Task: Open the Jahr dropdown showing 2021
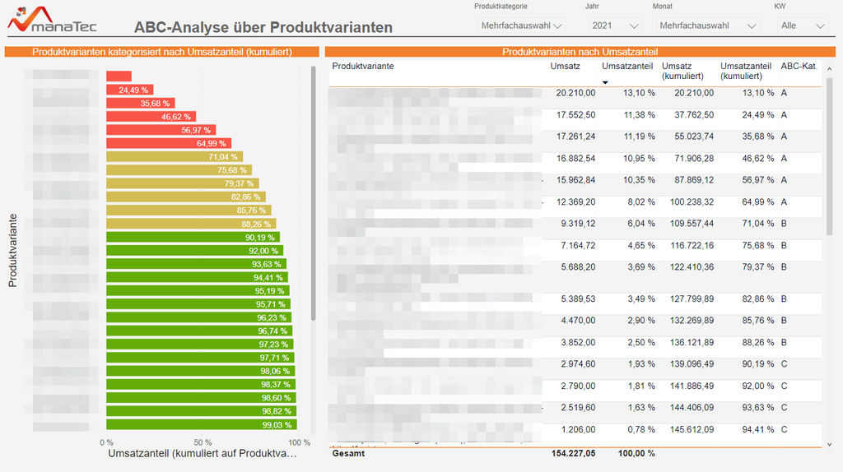pyautogui.click(x=614, y=25)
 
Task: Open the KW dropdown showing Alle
pyautogui.click(x=801, y=25)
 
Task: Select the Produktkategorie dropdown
pyautogui.click(x=521, y=25)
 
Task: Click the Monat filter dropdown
pyautogui.click(x=708, y=25)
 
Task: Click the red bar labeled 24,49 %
pyautogui.click(x=129, y=90)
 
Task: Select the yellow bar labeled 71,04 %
pyautogui.click(x=174, y=156)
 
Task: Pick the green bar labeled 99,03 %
pyautogui.click(x=201, y=424)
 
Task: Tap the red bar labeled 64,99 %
pyautogui.click(x=169, y=143)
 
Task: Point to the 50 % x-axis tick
pyautogui.click(x=203, y=442)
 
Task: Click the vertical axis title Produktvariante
pyautogui.click(x=13, y=250)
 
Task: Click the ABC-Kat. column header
pyautogui.click(x=799, y=67)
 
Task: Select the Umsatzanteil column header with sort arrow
pyautogui.click(x=626, y=67)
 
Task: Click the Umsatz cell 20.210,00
pyautogui.click(x=575, y=93)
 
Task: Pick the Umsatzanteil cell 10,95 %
pyautogui.click(x=639, y=158)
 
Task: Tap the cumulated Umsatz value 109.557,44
pyautogui.click(x=687, y=223)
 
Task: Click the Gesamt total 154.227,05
pyautogui.click(x=573, y=453)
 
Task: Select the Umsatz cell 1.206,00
pyautogui.click(x=577, y=428)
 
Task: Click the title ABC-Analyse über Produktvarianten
pyautogui.click(x=263, y=27)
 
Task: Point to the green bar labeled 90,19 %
pyautogui.click(x=195, y=237)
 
